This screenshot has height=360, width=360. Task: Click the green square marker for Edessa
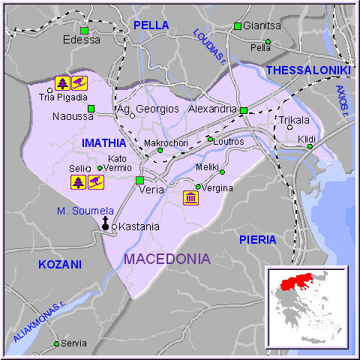click(x=84, y=31)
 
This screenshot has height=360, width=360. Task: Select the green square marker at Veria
click(x=139, y=180)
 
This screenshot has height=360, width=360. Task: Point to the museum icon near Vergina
click(x=190, y=198)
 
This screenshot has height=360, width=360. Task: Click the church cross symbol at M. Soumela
click(x=106, y=223)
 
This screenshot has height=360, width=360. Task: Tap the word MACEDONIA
click(x=166, y=259)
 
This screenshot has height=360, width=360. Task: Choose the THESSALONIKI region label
click(x=308, y=70)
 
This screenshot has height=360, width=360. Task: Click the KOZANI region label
click(x=59, y=265)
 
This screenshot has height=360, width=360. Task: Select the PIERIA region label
click(x=257, y=239)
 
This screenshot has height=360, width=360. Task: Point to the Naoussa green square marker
click(x=91, y=109)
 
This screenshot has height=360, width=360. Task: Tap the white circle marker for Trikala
click(x=290, y=127)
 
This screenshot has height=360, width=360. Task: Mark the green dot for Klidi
click(x=310, y=146)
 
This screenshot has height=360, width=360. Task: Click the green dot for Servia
click(x=56, y=343)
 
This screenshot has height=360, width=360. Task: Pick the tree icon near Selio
click(x=78, y=181)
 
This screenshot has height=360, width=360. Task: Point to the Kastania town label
click(x=139, y=226)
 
